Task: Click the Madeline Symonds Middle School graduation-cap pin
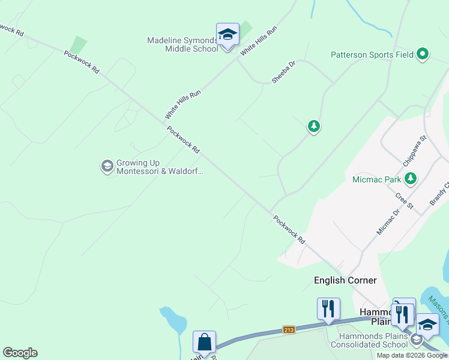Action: point(228,35)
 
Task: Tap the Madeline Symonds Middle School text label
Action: point(183,44)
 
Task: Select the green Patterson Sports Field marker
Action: point(423,55)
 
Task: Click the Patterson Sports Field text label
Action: point(372,55)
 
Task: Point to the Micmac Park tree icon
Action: point(410,178)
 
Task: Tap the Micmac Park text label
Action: point(376,179)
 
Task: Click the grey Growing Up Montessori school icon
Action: point(107,166)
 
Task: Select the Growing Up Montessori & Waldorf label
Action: point(160,167)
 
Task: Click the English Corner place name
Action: point(345,280)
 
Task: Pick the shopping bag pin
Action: point(204,342)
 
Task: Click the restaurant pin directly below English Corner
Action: point(328,309)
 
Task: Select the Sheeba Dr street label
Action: point(283,71)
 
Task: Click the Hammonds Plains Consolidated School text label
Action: point(368,340)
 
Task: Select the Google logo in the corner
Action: point(20,353)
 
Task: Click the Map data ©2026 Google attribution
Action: point(412,355)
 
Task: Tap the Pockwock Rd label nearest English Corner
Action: point(289,230)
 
